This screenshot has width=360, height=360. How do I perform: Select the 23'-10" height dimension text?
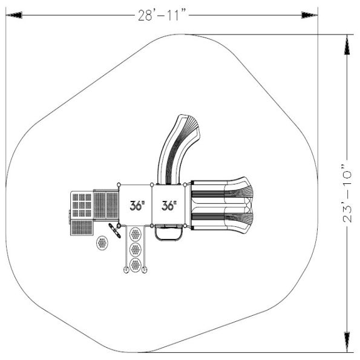[x=347, y=194]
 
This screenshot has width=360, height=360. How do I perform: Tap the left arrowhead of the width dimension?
[x=14, y=15]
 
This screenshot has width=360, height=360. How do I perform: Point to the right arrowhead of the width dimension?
[x=310, y=15]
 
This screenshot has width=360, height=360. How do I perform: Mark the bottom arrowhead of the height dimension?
[x=347, y=342]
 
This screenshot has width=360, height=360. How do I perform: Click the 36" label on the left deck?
[x=137, y=206]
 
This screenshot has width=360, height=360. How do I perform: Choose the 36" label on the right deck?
[x=169, y=206]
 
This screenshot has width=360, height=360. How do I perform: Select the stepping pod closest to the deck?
[x=136, y=234]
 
